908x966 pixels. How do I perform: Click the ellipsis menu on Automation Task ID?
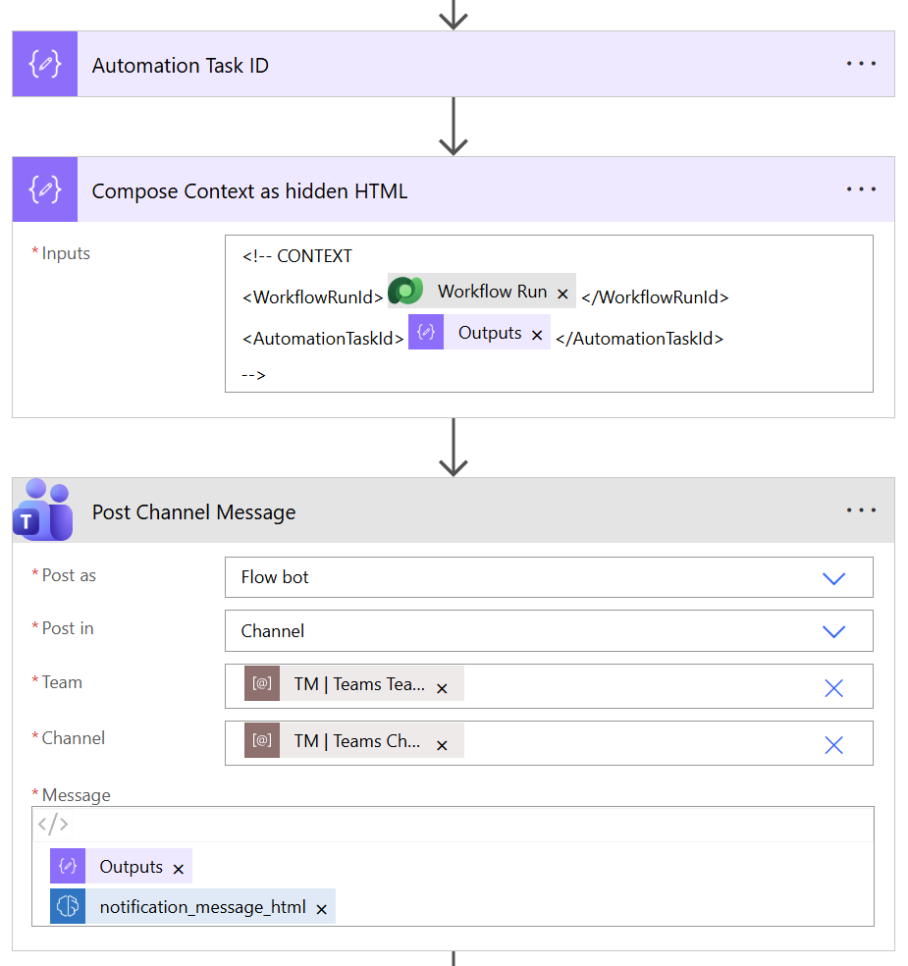coord(861,64)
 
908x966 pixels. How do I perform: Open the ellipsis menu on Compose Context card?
coord(861,189)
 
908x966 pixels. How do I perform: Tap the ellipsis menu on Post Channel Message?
coord(861,510)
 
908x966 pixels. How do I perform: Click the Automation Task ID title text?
coord(180,66)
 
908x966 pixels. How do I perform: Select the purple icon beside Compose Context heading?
coord(45,189)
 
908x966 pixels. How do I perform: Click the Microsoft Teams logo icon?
coord(44,510)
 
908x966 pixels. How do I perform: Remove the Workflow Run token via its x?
coord(562,294)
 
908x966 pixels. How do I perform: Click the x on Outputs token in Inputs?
coord(537,335)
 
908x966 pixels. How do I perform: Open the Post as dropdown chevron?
coord(833,578)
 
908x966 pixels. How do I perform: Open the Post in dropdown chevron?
coord(833,631)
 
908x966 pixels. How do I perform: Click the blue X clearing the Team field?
coord(833,688)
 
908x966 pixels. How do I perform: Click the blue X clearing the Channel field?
coord(833,745)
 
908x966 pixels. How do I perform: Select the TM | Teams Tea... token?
coord(358,685)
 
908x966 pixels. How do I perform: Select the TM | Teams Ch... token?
coord(356,742)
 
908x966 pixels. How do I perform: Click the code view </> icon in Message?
coord(53,824)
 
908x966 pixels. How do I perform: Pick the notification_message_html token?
coord(202,907)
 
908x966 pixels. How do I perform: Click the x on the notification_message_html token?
coord(321,909)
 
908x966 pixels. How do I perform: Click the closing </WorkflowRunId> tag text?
coord(655,296)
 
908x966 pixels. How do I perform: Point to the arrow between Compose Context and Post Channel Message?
coord(453,448)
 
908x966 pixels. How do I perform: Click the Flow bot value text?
coord(275,577)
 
